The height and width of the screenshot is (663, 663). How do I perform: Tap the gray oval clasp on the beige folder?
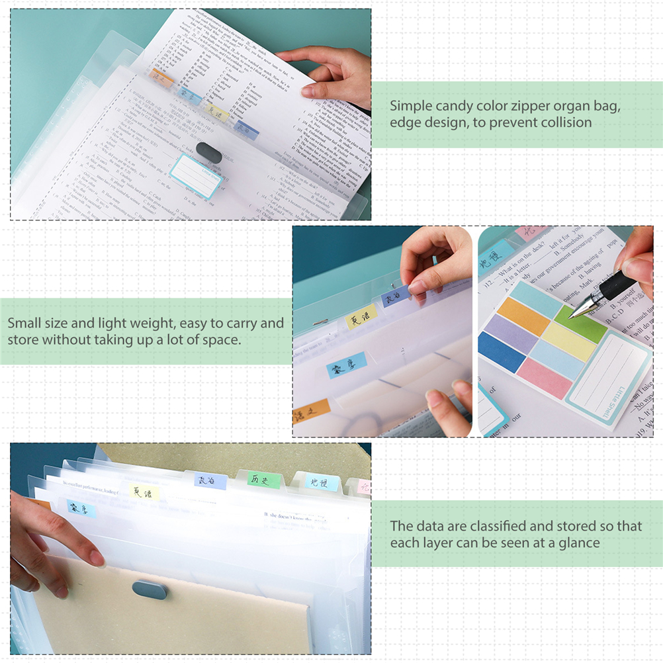[149, 589]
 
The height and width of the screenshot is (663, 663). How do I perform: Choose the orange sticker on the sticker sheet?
[525, 316]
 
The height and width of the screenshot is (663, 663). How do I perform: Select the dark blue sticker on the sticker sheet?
[502, 351]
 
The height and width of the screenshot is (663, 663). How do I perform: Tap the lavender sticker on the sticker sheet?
[511, 333]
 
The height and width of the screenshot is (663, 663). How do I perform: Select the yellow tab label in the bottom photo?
[143, 492]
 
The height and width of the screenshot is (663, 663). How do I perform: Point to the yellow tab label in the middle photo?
[361, 317]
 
